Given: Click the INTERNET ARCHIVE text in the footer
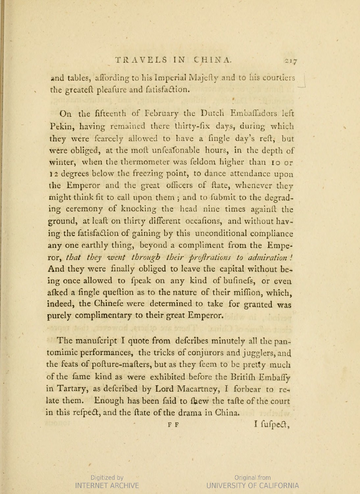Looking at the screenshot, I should coord(107,485).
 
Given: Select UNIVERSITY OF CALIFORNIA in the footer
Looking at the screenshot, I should coord(253,485).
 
